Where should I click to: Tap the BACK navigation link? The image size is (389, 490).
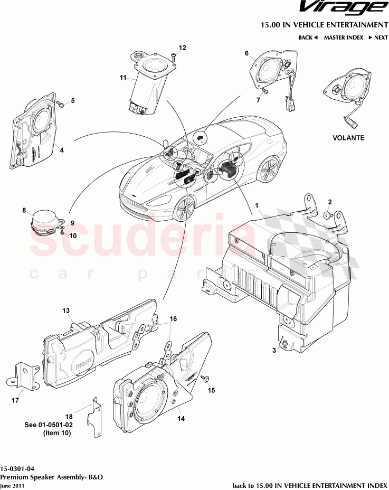tap(308, 37)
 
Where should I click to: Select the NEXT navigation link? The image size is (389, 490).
tap(378, 37)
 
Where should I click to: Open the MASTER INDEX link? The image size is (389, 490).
tap(343, 37)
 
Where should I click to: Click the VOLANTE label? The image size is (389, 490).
tap(348, 138)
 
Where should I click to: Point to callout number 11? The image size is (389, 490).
tap(122, 78)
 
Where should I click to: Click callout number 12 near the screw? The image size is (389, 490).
tap(182, 48)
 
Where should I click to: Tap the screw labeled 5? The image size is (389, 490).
tap(60, 105)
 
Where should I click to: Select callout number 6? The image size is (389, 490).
tap(246, 53)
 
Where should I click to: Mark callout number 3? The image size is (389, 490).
tap(273, 350)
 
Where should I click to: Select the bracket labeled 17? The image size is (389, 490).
tap(23, 375)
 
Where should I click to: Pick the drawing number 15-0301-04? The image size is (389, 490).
tap(18, 468)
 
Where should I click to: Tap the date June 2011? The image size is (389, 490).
tap(12, 485)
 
